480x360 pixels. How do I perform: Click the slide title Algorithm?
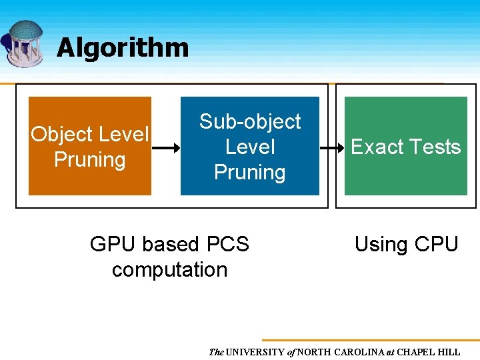click(123, 47)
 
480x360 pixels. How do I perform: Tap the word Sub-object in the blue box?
click(250, 121)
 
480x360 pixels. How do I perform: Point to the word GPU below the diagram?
click(111, 245)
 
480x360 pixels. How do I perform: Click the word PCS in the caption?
click(227, 245)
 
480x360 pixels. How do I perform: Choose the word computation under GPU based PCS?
click(169, 269)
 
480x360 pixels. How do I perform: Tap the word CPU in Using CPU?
click(436, 245)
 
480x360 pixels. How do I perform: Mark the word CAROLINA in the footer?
click(359, 352)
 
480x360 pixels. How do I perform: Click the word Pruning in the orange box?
click(89, 160)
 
